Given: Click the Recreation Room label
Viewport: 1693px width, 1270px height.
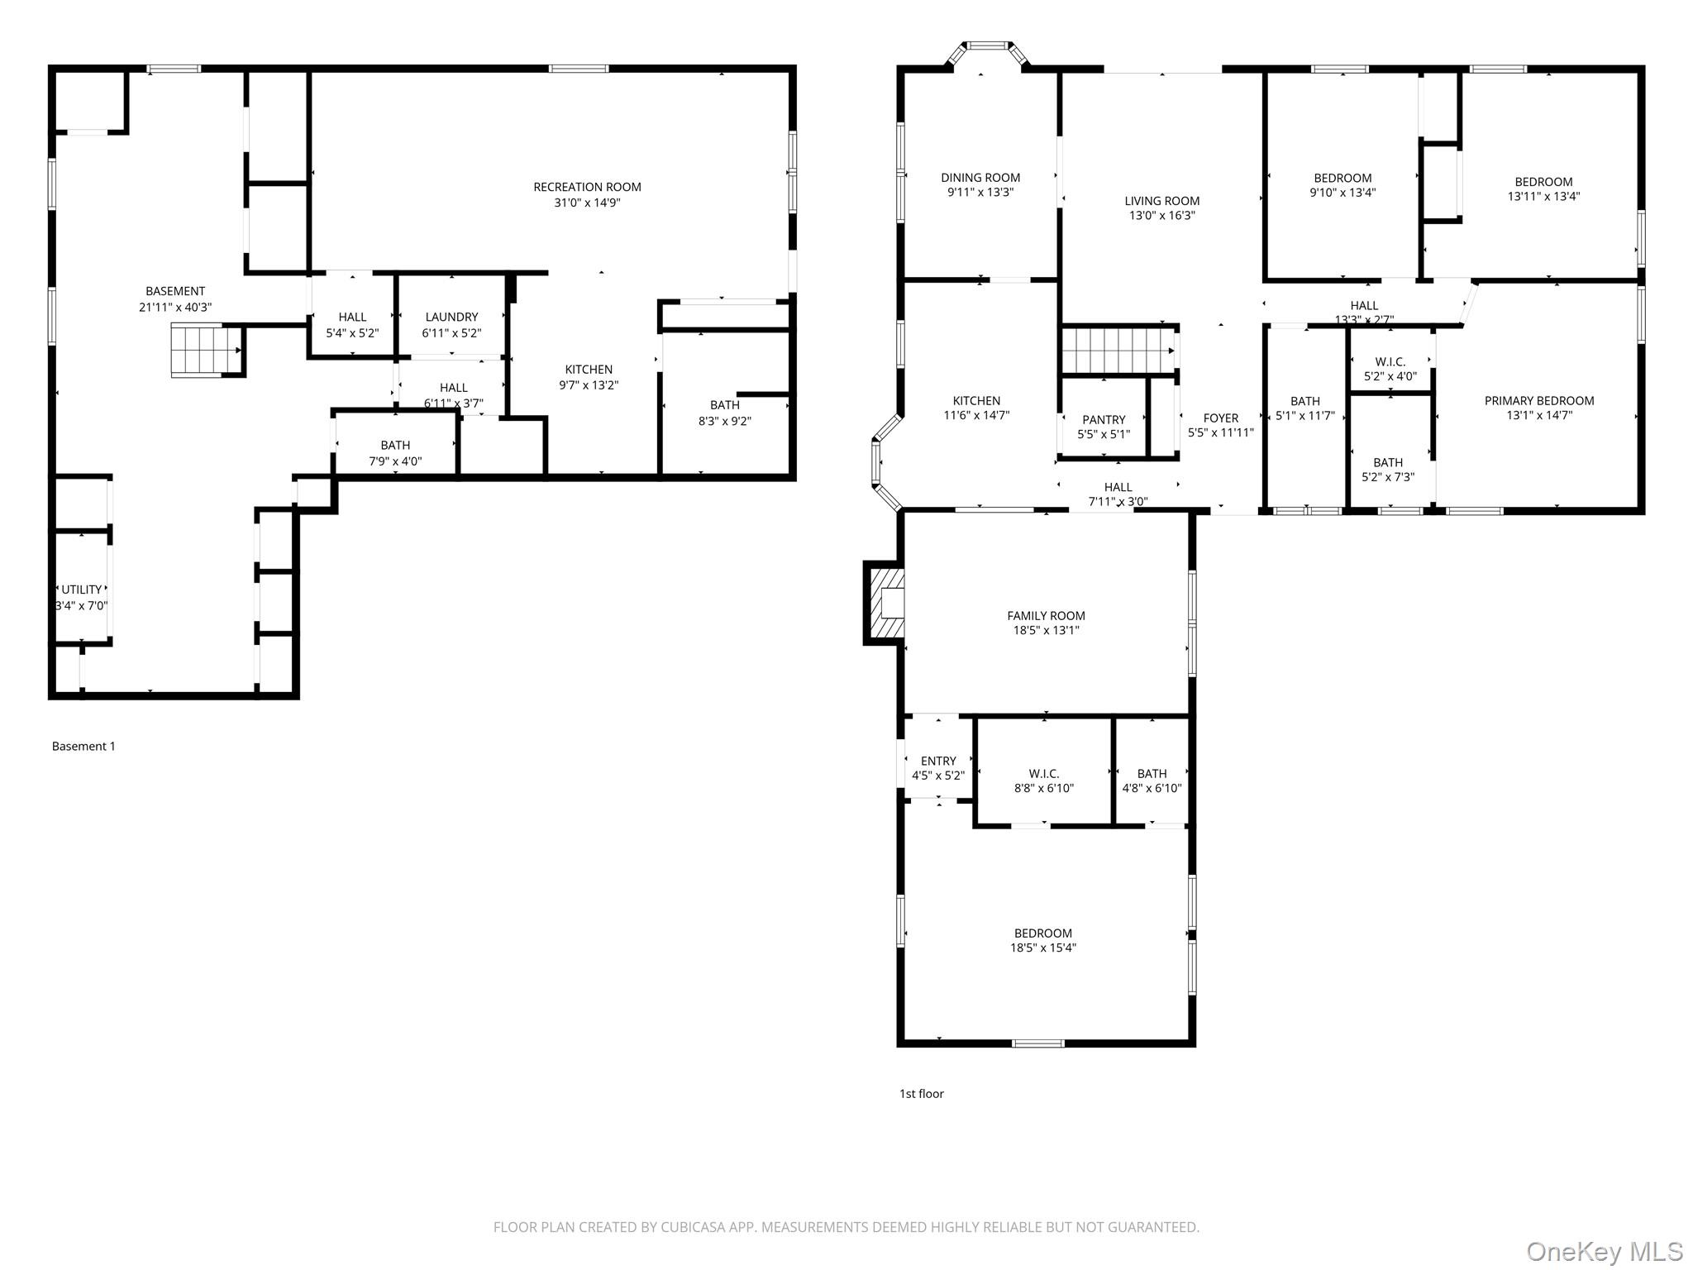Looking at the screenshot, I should (587, 187).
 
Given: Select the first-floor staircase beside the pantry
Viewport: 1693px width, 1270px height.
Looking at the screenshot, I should (1118, 351).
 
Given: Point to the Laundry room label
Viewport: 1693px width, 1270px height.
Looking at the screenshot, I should (451, 317).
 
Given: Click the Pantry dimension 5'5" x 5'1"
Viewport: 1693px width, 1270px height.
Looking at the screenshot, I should (1104, 434).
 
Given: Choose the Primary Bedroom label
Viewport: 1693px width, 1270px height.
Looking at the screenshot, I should (1538, 401).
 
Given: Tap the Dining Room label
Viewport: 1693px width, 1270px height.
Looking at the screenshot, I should (980, 178).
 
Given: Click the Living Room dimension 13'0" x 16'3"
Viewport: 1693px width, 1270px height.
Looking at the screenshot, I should (1161, 216).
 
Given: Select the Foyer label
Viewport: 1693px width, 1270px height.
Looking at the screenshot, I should (1221, 418).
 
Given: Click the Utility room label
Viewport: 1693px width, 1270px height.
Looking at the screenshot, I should (82, 590).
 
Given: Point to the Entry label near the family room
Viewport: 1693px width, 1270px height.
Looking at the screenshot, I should (938, 761).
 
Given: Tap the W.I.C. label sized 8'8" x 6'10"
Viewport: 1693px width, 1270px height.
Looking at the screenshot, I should (1044, 774).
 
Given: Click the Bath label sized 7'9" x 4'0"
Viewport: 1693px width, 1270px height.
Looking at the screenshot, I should (395, 445).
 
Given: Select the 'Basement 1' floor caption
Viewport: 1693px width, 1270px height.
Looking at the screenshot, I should (83, 746).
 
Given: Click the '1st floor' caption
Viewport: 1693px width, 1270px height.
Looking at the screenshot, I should (921, 1093).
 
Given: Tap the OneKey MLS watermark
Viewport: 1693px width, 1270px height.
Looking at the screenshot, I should (1604, 1251).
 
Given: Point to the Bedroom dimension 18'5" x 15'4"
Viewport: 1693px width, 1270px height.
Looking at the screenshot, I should (1042, 948).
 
